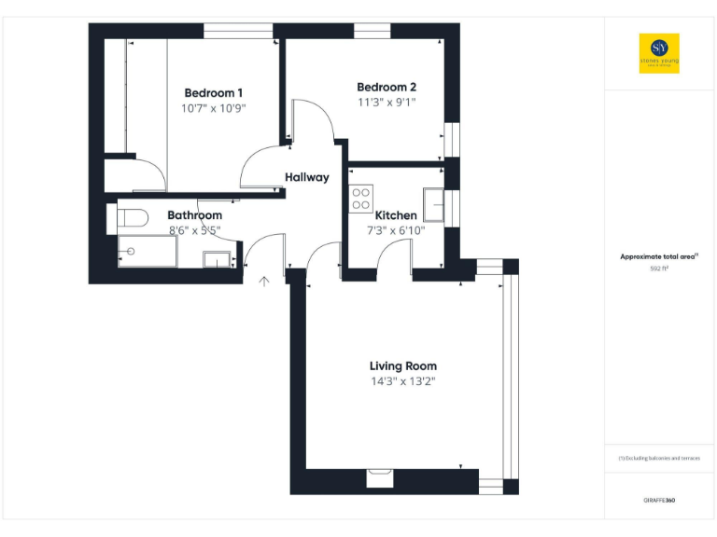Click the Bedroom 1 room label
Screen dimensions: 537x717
tap(214, 92)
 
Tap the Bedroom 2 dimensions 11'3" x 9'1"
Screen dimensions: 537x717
tap(387, 103)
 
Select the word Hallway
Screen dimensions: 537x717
tap(307, 177)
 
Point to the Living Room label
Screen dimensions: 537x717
tap(402, 366)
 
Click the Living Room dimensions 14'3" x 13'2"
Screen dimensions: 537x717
tap(402, 382)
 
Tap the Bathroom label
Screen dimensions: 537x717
tap(194, 215)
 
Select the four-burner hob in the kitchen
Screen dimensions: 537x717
tap(360, 199)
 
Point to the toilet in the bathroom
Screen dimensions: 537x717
tap(130, 220)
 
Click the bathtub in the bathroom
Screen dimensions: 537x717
tap(148, 251)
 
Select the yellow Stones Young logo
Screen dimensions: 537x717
tap(659, 53)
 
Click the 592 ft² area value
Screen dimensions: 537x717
tap(659, 268)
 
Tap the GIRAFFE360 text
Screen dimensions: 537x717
tap(659, 501)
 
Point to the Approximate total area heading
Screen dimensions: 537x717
tap(659, 256)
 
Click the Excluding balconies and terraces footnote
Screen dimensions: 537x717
tap(659, 459)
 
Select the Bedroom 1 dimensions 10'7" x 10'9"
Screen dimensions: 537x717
tap(214, 108)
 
